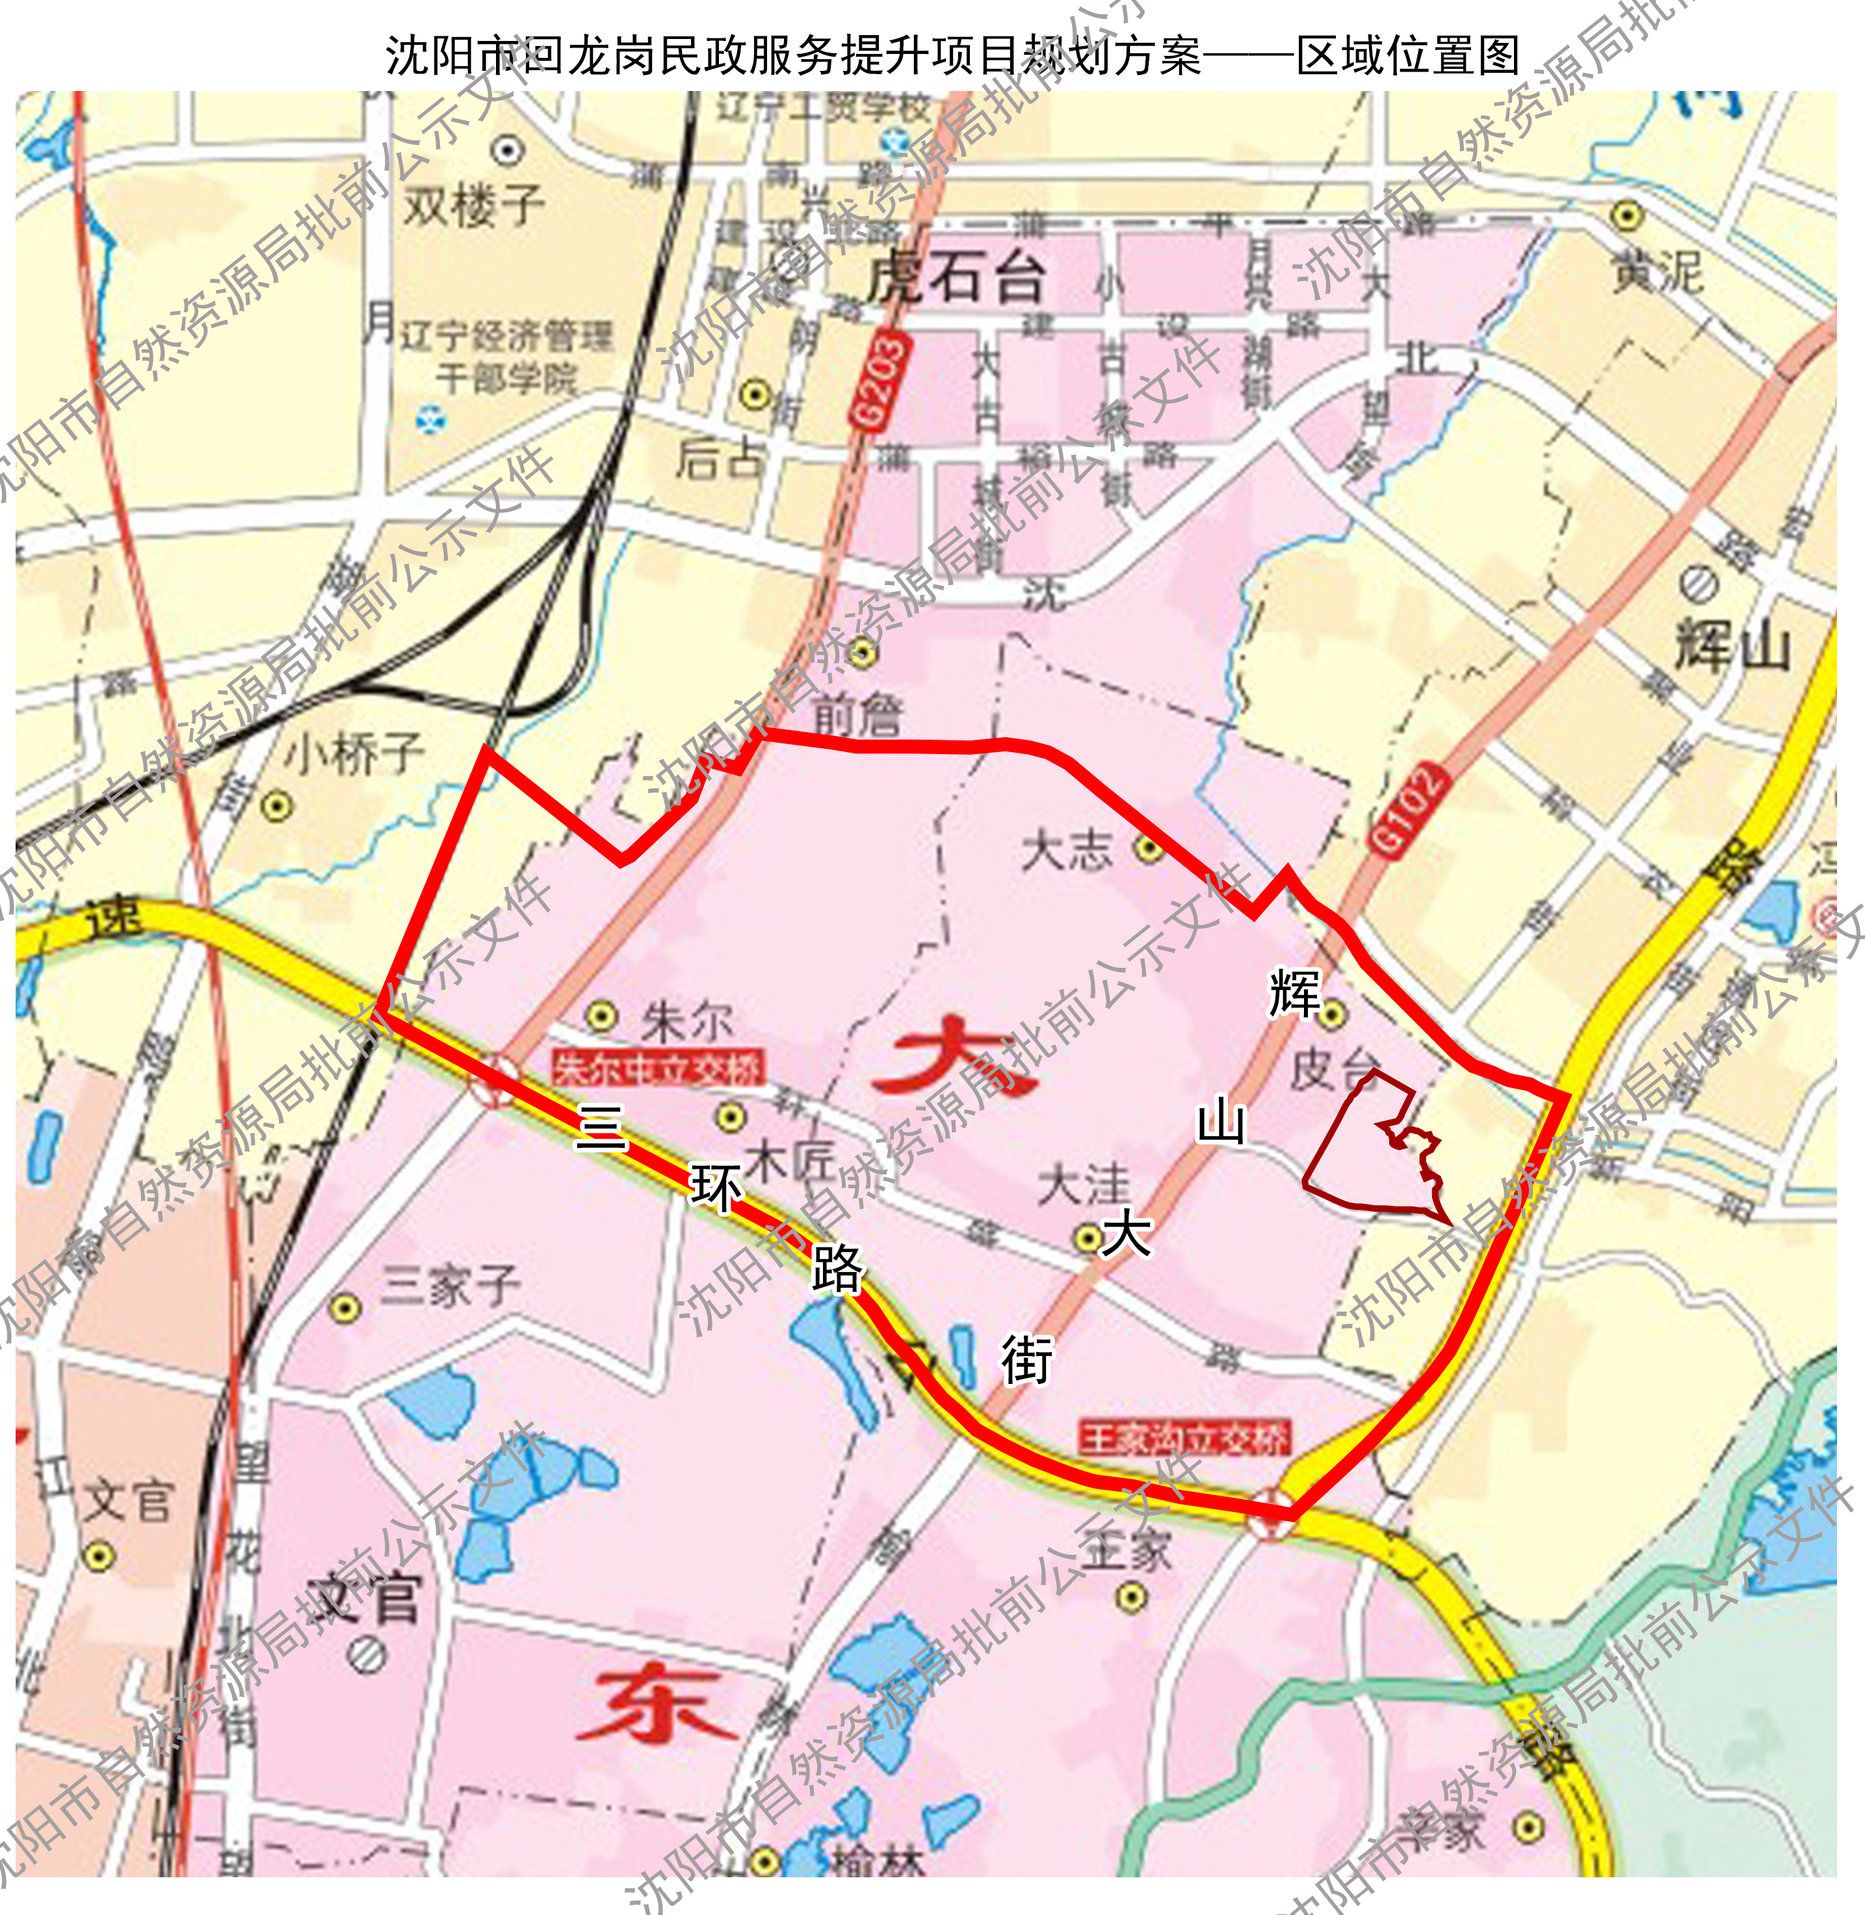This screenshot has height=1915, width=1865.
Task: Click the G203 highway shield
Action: click(879, 382)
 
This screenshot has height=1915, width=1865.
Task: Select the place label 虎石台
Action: click(955, 278)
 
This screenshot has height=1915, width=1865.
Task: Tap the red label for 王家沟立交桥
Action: click(1184, 1438)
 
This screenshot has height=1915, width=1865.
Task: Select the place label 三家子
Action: click(450, 1285)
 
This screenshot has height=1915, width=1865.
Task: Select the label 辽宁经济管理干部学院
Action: click(506, 357)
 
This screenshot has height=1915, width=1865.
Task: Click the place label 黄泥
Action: click(1658, 271)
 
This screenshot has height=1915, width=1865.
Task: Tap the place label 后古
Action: click(720, 458)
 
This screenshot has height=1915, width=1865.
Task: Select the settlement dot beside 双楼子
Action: click(508, 150)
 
